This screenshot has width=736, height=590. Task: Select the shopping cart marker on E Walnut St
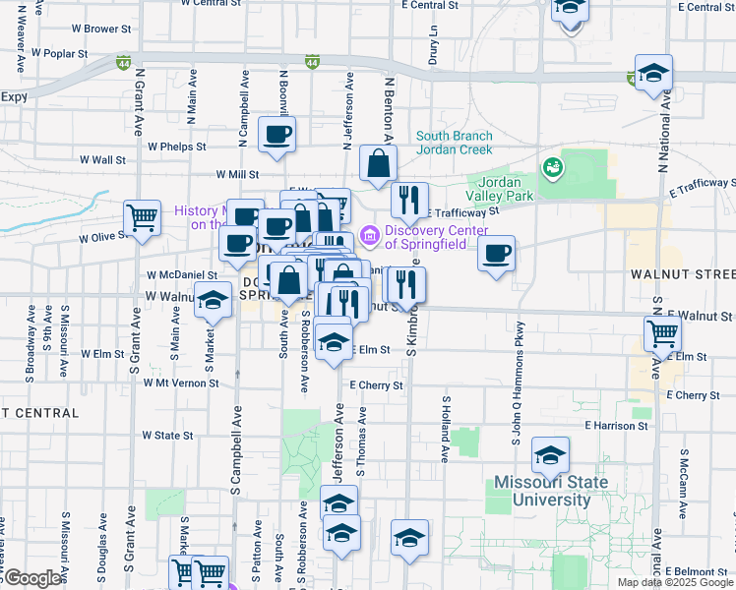(662, 333)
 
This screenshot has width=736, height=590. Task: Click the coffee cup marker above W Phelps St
(276, 134)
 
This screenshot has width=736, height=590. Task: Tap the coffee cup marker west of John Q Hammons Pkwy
(496, 254)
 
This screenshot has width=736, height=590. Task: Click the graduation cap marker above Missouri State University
(550, 455)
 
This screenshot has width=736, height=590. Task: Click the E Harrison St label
(616, 426)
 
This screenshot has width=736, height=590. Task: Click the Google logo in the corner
(32, 578)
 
